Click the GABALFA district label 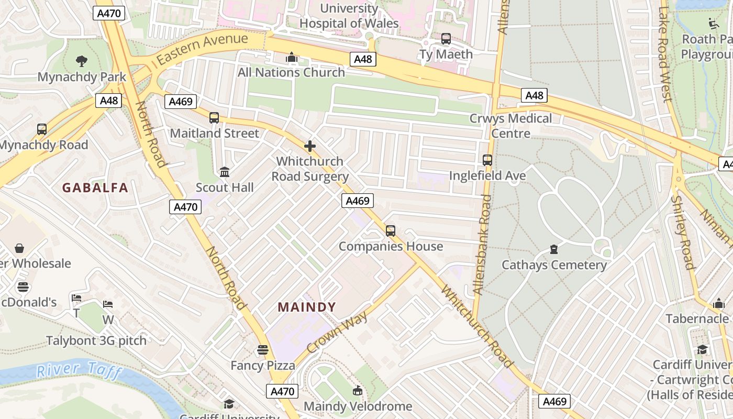95,188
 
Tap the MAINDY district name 307,307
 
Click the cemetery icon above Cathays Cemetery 554,249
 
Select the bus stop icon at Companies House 390,230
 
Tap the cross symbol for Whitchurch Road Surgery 310,146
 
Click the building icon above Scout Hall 225,172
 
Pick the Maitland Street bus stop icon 214,118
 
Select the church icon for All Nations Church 292,57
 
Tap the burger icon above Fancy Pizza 263,349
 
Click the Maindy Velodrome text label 358,406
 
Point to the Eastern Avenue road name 202,48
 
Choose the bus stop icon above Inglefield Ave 487,160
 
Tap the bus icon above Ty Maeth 446,39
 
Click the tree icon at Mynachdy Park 81,61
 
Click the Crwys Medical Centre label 510,126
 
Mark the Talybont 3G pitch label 96,340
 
